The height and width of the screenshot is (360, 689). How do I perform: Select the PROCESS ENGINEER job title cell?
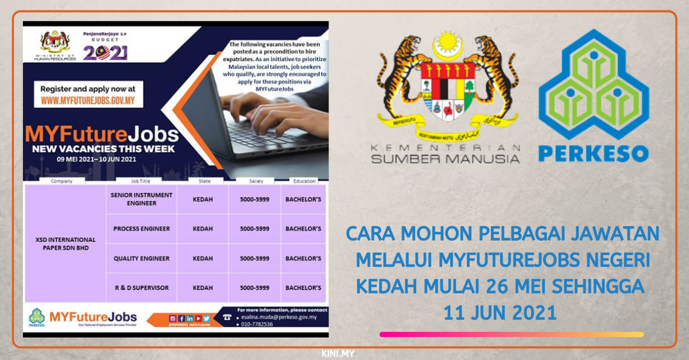141,229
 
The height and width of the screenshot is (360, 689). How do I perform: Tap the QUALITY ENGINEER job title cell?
141,258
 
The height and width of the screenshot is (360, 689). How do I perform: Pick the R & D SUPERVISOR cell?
141,288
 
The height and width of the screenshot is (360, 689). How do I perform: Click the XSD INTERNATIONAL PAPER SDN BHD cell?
64,243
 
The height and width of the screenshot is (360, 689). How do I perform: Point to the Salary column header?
256,181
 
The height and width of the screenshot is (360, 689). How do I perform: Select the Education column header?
304,181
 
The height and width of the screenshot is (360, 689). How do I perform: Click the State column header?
204,181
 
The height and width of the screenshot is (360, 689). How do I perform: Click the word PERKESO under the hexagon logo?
594,153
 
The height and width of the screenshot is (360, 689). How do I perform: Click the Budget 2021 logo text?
104,52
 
